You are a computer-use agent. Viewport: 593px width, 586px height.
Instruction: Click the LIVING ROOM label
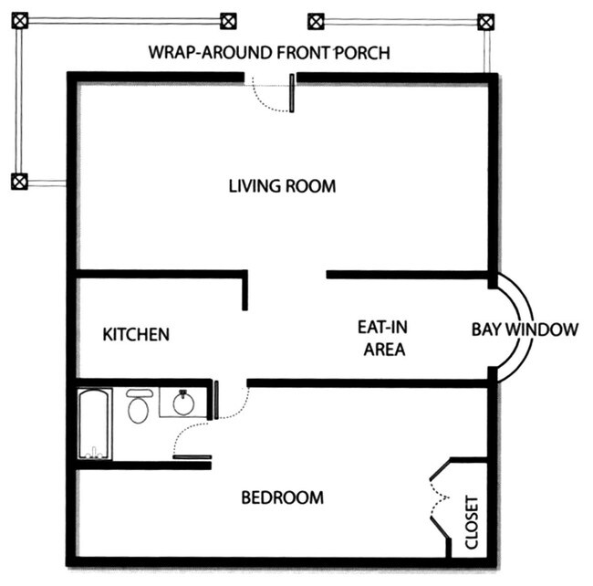pyautogui.click(x=282, y=186)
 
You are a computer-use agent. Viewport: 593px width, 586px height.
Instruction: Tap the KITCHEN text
pyautogui.click(x=135, y=334)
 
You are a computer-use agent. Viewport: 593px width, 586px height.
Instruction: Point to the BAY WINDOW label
pyautogui.click(x=524, y=330)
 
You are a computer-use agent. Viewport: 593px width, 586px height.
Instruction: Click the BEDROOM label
pyautogui.click(x=282, y=497)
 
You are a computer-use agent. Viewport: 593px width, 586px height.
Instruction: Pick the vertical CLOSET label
pyautogui.click(x=472, y=522)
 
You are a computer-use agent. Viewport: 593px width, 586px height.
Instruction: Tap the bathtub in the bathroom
pyautogui.click(x=94, y=424)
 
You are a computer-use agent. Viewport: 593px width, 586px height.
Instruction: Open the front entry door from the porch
pyautogui.click(x=272, y=94)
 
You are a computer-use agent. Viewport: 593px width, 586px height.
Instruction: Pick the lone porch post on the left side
pyautogui.click(x=18, y=181)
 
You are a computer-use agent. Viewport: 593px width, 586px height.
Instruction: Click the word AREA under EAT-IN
pyautogui.click(x=383, y=349)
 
